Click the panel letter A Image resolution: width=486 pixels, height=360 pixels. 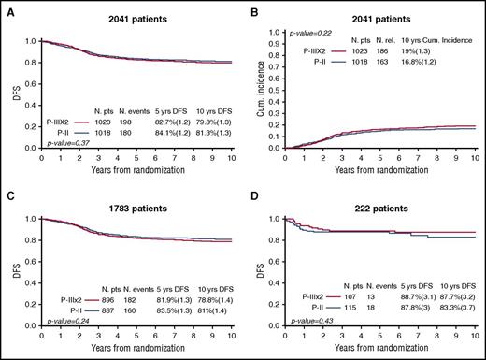coord(6,8)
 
